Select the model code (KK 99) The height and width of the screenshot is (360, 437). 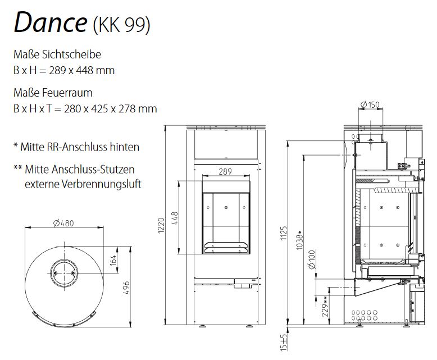point(122,25)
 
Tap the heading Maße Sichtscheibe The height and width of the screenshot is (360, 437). point(57,55)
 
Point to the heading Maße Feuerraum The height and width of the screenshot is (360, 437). point(53,93)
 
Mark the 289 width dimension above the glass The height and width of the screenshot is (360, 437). point(225,172)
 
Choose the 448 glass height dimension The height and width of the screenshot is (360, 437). point(175,217)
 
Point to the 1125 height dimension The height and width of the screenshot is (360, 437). point(284,234)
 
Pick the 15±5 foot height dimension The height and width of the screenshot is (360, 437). point(284,341)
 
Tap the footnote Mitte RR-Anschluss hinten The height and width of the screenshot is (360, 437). point(79,147)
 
